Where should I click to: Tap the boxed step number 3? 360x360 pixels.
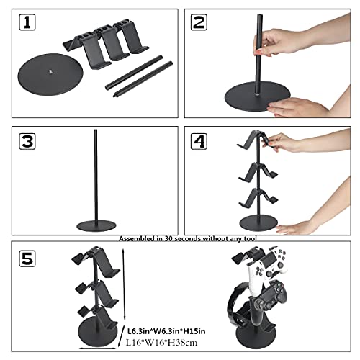pyautogui.click(x=27, y=142)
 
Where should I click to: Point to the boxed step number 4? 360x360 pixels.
pyautogui.click(x=199, y=141)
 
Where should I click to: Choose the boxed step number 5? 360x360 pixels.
pyautogui.click(x=27, y=257)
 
